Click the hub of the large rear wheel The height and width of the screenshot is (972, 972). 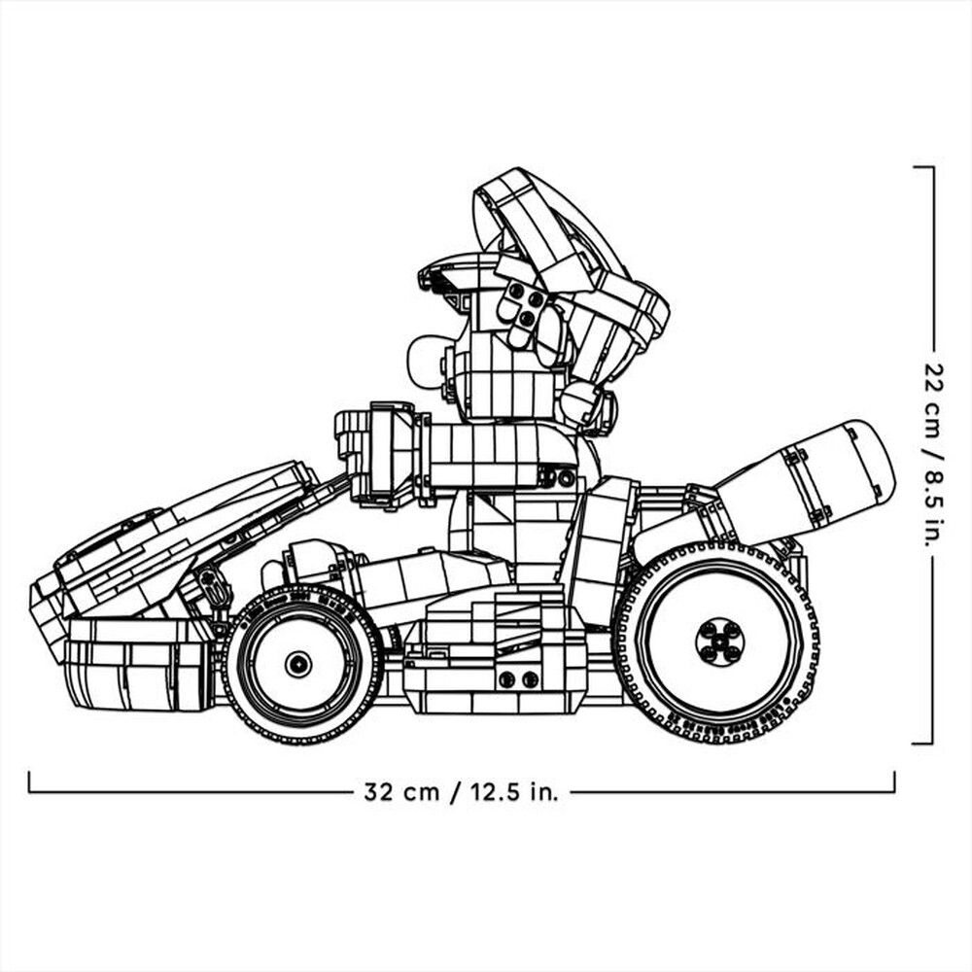point(719,642)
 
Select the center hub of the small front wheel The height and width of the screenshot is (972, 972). point(298,664)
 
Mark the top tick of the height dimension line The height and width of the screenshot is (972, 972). point(923,167)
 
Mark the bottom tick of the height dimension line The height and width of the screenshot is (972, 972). point(923,744)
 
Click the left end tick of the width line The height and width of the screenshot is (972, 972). point(29,782)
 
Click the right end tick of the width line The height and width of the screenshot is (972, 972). point(894,782)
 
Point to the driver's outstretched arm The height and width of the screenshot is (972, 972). point(486,455)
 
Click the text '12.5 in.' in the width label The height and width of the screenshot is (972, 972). point(515,791)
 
